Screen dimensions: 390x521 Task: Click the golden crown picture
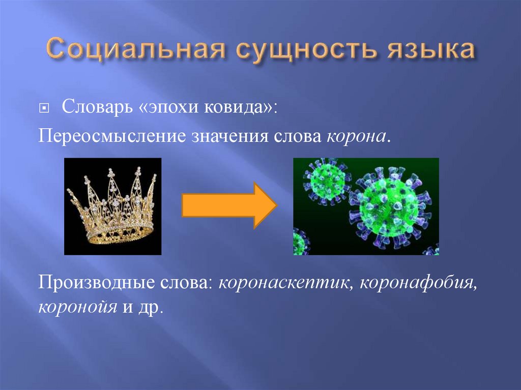(x=112, y=206)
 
